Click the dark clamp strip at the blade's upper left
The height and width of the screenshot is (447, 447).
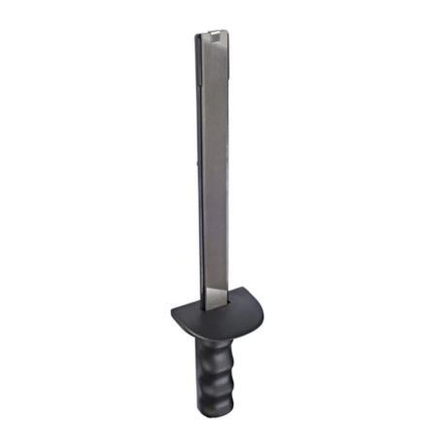(195, 58)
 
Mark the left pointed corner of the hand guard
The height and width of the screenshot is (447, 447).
(172, 313)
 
